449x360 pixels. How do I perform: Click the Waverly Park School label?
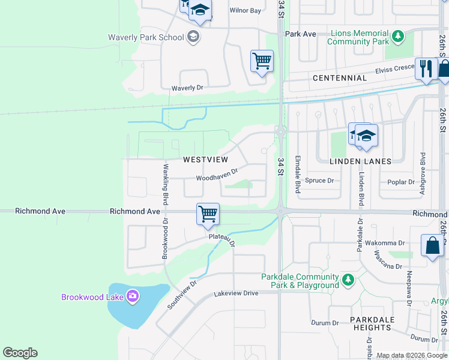[146, 37]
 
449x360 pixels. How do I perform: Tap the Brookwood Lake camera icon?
[133, 296]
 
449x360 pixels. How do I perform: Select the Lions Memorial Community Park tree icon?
[397, 37]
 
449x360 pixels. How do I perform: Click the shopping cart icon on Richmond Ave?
[208, 214]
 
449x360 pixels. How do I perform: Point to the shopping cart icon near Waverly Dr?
[262, 61]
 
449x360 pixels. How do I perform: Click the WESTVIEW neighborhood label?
[205, 160]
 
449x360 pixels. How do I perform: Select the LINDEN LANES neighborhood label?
[360, 161]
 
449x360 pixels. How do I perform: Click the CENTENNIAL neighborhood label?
[339, 78]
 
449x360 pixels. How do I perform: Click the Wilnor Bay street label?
[246, 11]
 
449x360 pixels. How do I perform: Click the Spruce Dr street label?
[319, 180]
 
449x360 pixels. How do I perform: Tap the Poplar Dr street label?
[402, 182]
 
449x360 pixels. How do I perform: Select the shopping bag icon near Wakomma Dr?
[432, 245]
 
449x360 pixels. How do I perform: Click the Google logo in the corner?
[20, 353]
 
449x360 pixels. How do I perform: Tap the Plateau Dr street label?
[221, 238]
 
